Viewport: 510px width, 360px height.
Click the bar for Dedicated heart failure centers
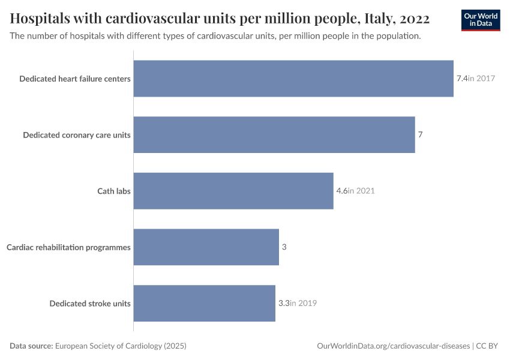pos(293,79)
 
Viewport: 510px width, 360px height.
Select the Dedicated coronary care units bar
pos(274,134)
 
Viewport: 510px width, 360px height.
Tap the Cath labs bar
pos(233,191)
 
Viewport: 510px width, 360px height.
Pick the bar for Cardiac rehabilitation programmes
pos(206,247)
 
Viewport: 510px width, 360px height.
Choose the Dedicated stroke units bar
pos(204,303)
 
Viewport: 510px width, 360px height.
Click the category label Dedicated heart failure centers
pos(75,79)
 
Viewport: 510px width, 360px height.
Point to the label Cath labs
pos(114,191)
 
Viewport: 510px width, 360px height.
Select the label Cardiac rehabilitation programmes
pos(68,247)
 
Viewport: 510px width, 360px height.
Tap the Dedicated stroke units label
pos(90,303)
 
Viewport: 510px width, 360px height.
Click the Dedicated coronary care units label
pos(77,134)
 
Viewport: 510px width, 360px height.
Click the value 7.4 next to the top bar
pos(461,79)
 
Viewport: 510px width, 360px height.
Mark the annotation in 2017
pos(481,79)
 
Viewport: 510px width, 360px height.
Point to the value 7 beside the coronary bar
pos(420,134)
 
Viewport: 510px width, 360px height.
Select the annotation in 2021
pos(361,191)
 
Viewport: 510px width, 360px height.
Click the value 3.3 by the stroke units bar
pos(284,303)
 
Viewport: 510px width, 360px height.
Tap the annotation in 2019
pos(303,303)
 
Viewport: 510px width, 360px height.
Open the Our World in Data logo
pos(480,20)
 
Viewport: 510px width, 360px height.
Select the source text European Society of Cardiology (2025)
pos(121,346)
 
